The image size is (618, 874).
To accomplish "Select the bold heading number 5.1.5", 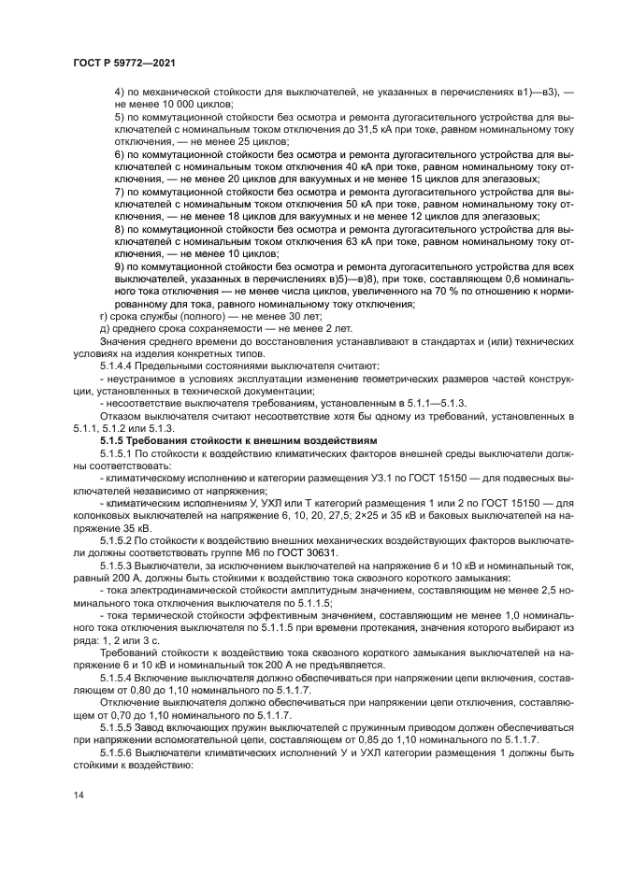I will coord(115,439).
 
